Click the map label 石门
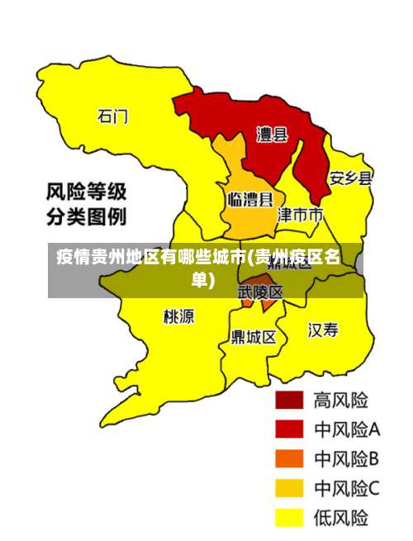point(113,116)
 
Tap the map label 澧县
point(272,134)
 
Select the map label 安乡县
point(350,178)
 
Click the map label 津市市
point(300,215)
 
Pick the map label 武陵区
point(260,292)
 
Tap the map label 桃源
point(178,316)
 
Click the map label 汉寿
point(323,330)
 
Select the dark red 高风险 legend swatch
point(288,401)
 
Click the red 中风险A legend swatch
point(288,429)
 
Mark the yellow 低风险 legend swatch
point(288,518)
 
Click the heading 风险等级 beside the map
point(85,194)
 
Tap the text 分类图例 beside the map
point(85,218)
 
